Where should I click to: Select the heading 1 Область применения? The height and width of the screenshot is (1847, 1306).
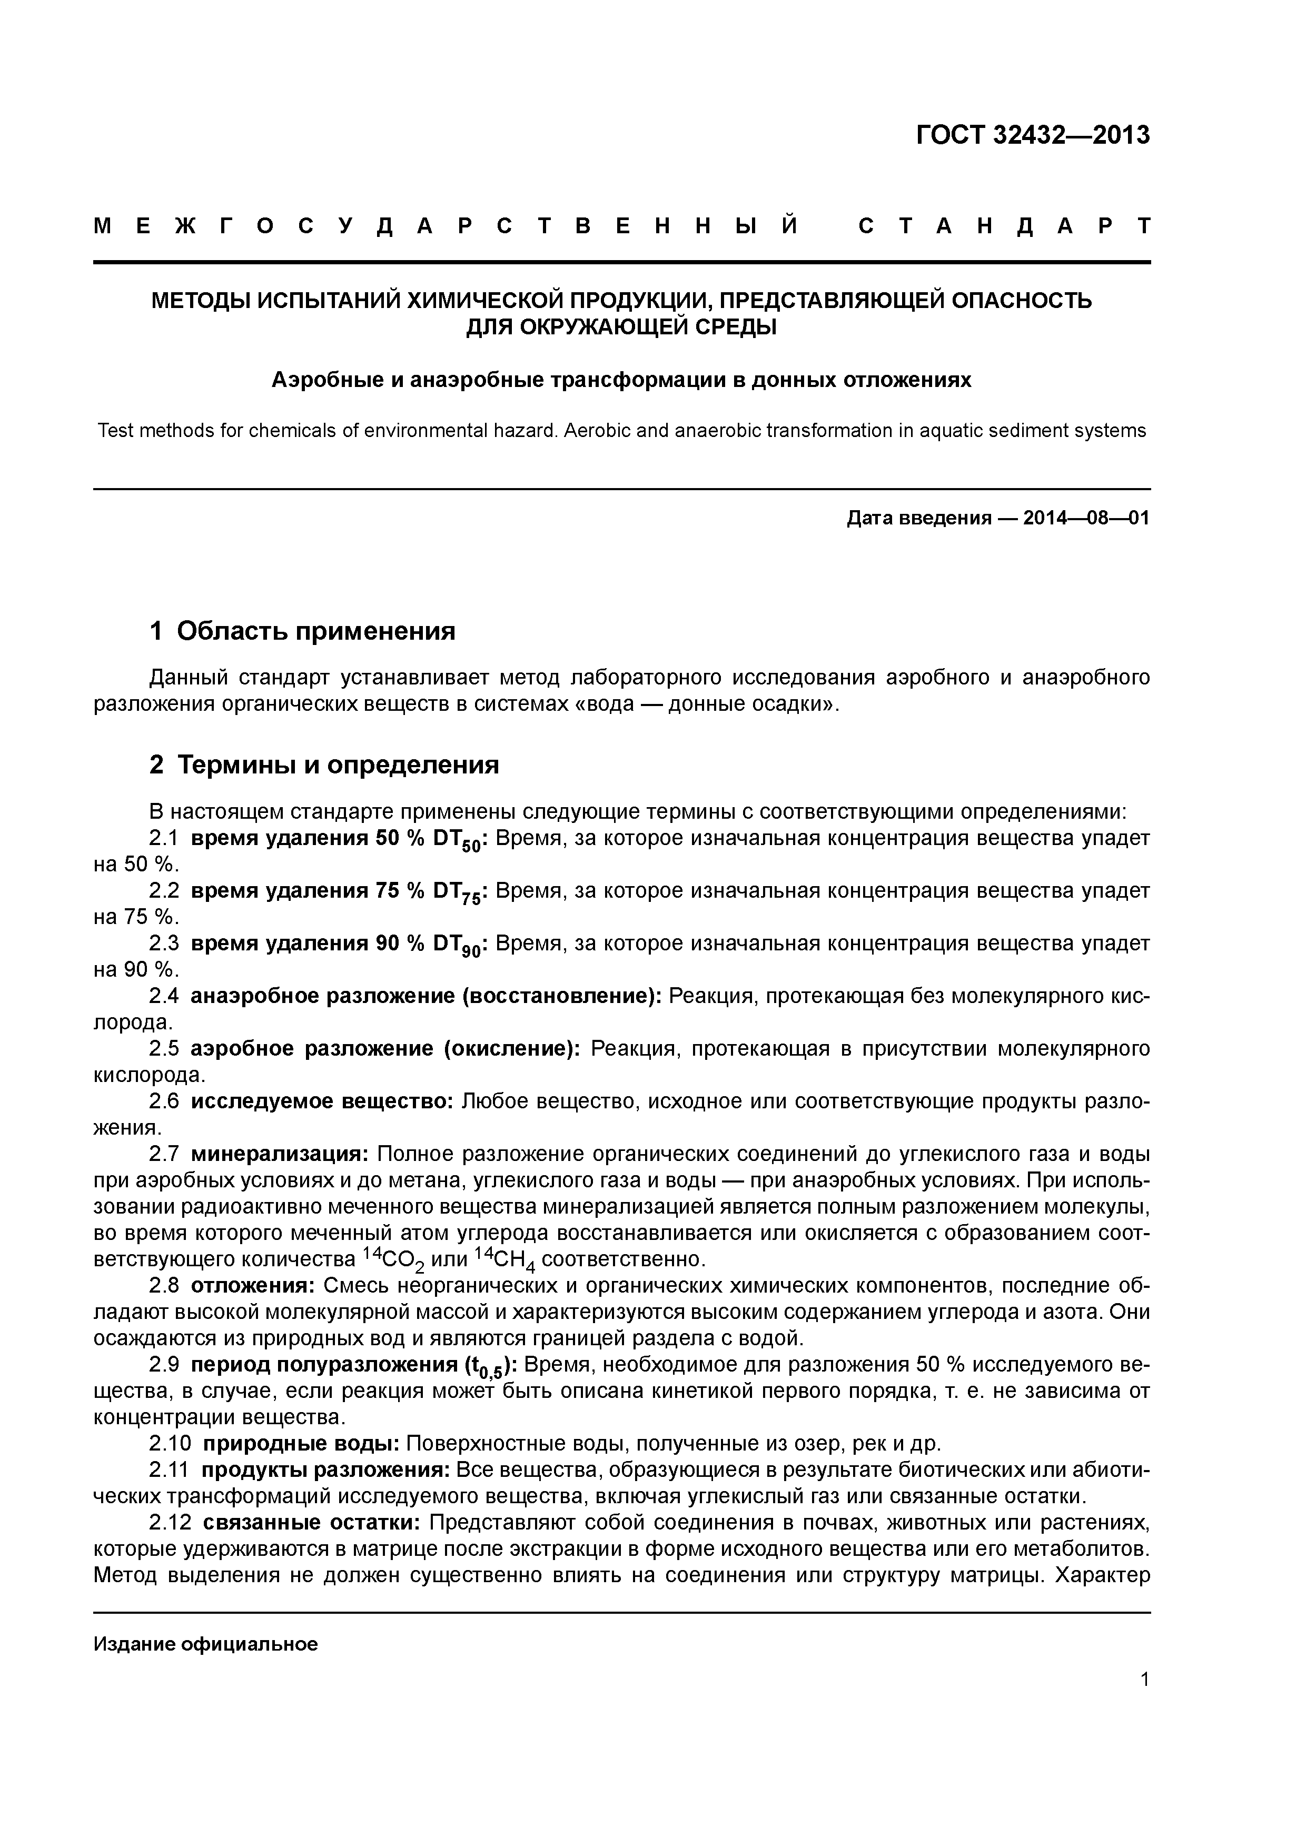[x=303, y=631]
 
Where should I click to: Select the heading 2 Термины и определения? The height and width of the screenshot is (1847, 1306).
[x=324, y=764]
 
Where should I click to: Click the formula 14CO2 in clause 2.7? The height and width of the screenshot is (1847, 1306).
[x=393, y=1259]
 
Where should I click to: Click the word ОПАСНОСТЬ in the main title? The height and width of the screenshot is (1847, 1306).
[x=1022, y=301]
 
